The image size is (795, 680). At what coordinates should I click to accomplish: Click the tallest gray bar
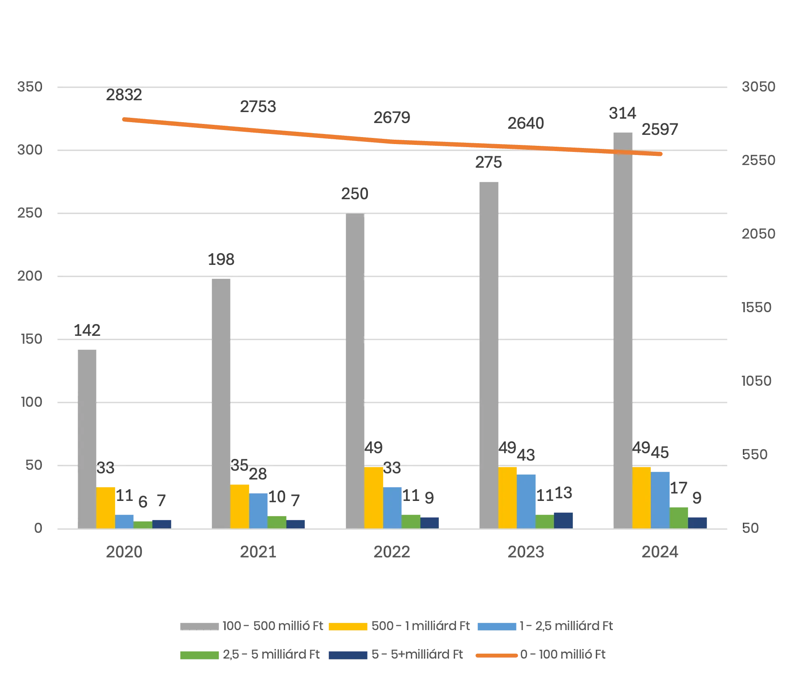(x=623, y=328)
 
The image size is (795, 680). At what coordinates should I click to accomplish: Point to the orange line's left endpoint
(x=122, y=118)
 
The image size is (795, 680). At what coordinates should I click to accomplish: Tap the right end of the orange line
(x=662, y=154)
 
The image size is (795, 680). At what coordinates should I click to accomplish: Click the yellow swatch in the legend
(x=347, y=625)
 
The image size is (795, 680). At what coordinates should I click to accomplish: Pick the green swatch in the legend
(x=198, y=655)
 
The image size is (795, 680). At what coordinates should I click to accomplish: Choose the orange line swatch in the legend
(x=495, y=655)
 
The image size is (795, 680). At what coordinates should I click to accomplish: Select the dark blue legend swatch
(x=347, y=655)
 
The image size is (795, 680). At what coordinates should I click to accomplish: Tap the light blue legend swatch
(x=497, y=625)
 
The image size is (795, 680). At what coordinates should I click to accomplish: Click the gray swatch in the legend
(x=198, y=625)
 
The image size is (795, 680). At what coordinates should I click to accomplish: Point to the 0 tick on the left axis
(x=37, y=529)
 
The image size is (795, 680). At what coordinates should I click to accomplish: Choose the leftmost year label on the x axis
(x=124, y=553)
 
